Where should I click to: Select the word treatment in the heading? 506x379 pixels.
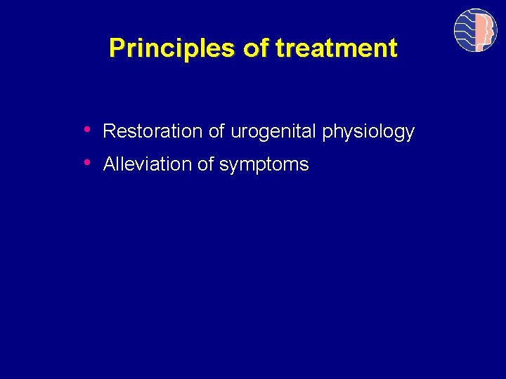click(337, 48)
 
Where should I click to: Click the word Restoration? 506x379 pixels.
click(153, 131)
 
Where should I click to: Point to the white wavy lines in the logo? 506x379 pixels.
click(465, 30)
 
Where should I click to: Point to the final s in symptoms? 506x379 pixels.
click(304, 166)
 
